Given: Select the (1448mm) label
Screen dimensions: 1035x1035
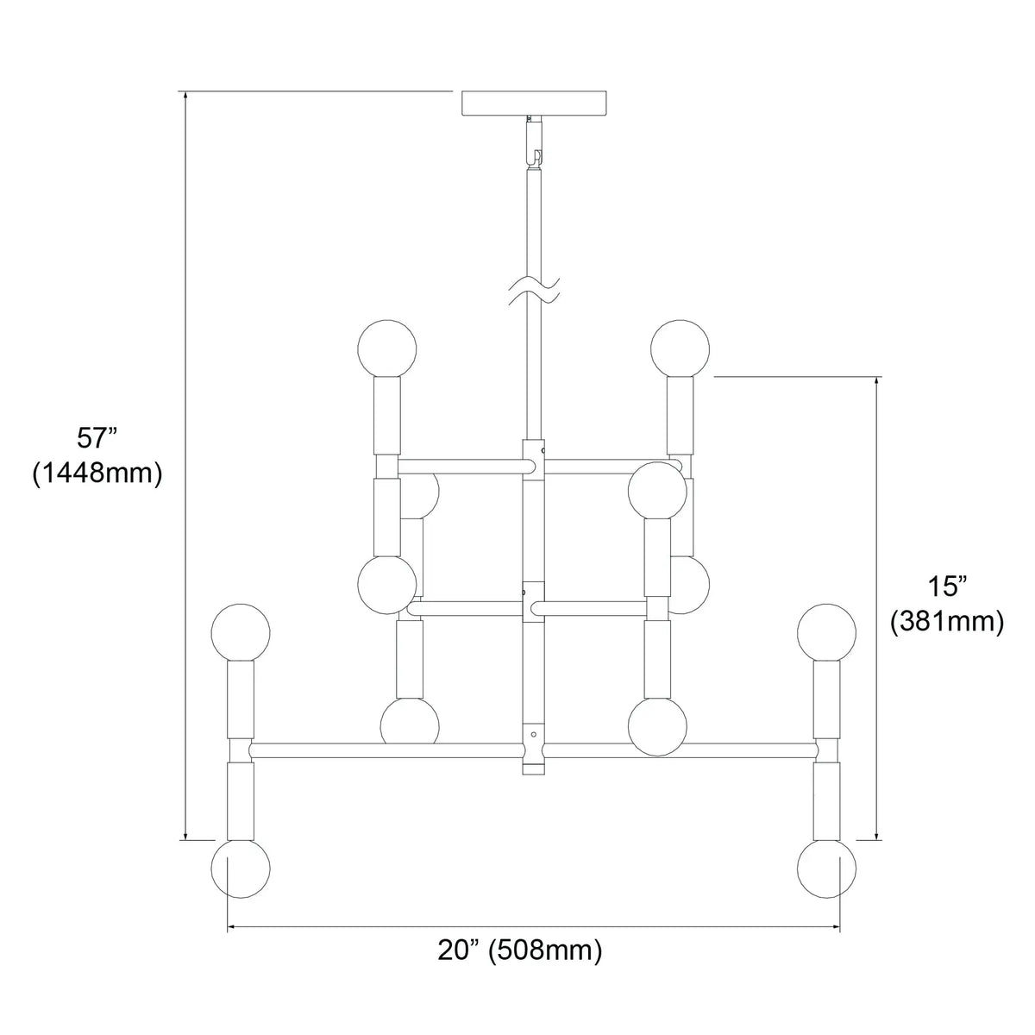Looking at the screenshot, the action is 97,474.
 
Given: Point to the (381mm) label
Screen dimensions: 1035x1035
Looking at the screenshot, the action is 947,623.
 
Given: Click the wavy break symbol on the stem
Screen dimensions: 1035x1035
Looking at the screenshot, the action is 534,291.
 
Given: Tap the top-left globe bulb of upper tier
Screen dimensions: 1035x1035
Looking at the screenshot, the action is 386,348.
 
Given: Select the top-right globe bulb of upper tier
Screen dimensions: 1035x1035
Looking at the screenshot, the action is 680,348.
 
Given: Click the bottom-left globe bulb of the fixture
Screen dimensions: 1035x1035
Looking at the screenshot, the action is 241,883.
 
